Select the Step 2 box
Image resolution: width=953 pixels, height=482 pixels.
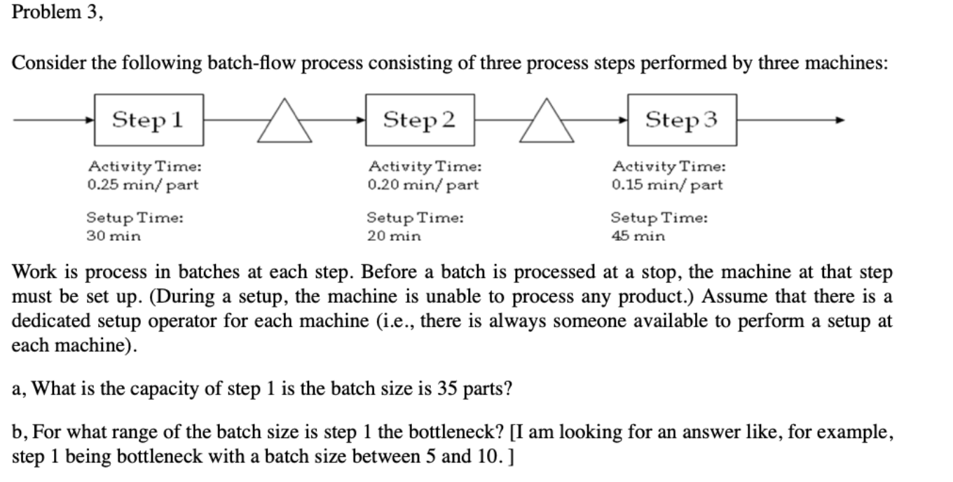(x=420, y=120)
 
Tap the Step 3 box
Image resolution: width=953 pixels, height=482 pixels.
(x=682, y=120)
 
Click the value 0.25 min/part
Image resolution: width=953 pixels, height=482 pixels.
(x=143, y=186)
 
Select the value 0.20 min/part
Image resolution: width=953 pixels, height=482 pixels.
(x=423, y=186)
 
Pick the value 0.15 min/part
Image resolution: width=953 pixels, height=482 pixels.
(x=666, y=186)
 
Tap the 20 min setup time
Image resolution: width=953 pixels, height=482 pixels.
(x=394, y=236)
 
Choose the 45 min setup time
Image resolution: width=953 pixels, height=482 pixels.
(x=638, y=236)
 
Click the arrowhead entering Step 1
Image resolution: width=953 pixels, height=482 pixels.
(x=90, y=120)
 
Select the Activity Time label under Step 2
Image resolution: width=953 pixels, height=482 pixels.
(x=425, y=167)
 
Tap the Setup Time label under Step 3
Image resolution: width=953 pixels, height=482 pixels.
(x=659, y=218)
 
